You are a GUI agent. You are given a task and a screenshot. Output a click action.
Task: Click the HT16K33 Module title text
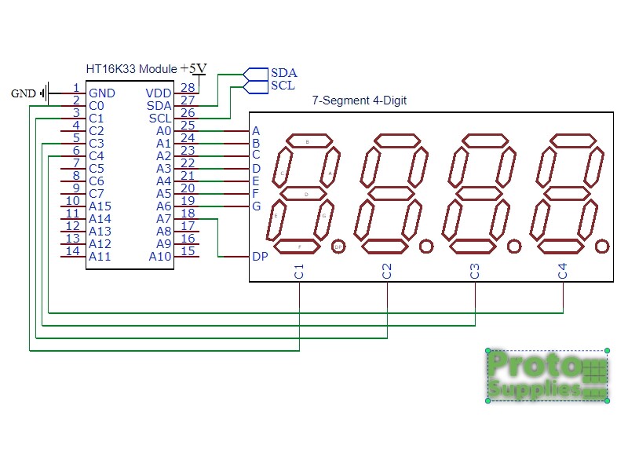[x=131, y=69]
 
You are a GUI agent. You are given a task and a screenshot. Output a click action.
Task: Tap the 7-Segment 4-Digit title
[x=360, y=100]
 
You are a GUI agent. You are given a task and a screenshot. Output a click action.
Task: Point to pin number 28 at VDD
[x=188, y=88]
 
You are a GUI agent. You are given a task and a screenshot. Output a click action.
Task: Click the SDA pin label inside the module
[x=159, y=105]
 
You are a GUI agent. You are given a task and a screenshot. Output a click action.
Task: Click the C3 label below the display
[x=475, y=272]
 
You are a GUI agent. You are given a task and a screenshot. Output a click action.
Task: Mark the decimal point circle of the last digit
[x=601, y=246]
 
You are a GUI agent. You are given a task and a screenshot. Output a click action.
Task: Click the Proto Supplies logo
[x=548, y=375]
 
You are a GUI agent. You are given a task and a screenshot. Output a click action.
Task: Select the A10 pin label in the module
[x=160, y=257]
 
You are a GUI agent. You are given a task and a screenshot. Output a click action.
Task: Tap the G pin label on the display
[x=256, y=206]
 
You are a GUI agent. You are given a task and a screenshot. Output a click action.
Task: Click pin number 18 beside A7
[x=188, y=214]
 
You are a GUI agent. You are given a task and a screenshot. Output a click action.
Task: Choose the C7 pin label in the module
[x=97, y=194]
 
